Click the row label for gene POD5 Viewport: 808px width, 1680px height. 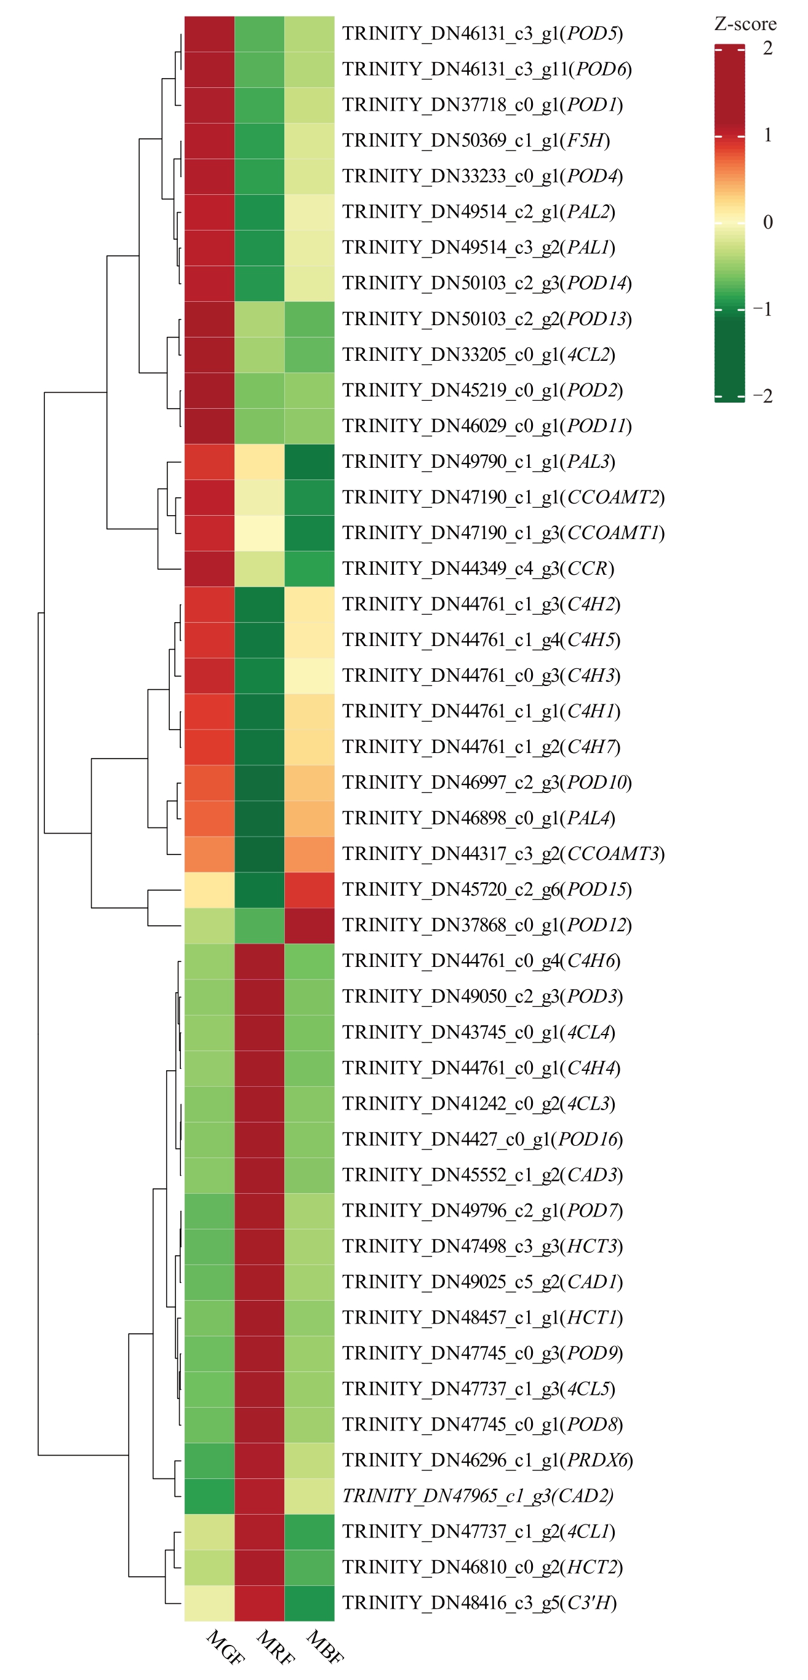[x=482, y=34]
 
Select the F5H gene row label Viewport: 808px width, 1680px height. [x=476, y=141]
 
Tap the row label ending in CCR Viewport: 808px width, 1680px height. [x=478, y=569]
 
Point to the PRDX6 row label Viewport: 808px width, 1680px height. [x=487, y=1459]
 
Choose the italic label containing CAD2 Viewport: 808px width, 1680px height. [x=478, y=1496]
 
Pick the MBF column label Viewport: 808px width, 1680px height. [x=324, y=1647]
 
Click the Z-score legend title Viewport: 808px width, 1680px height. [x=745, y=25]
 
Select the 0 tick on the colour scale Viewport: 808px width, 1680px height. [x=767, y=223]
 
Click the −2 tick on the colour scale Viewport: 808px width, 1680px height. [x=763, y=396]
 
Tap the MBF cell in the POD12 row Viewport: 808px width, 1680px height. [x=310, y=925]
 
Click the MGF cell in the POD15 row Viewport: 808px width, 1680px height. [x=209, y=889]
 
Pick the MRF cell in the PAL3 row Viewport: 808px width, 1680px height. [x=259, y=462]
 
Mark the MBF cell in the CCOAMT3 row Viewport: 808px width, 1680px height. [x=310, y=854]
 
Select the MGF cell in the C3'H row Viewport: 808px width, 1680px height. [x=209, y=1603]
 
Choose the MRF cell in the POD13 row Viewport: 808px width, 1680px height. [x=259, y=319]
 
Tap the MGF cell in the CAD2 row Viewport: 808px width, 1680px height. [x=209, y=1496]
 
